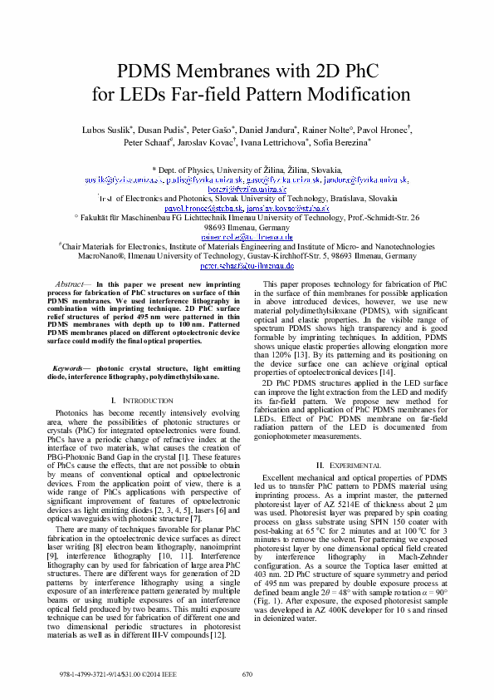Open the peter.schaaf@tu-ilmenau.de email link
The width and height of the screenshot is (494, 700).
tap(247, 266)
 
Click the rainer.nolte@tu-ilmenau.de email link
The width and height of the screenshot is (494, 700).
tap(247, 237)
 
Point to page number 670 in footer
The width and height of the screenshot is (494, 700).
tap(247, 674)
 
